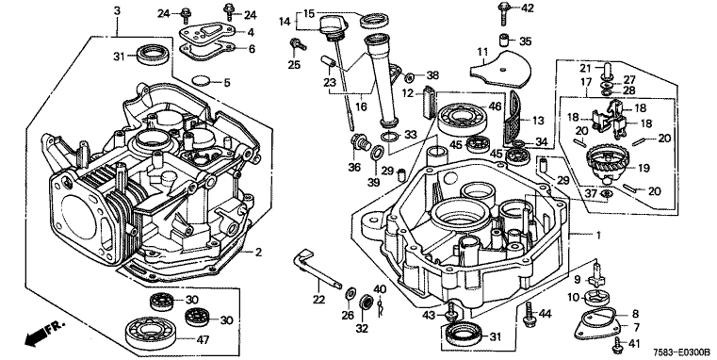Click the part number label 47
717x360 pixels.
click(203, 340)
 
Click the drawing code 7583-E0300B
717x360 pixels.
click(681, 352)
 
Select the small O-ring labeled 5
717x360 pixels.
click(202, 80)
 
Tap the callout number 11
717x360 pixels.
click(483, 52)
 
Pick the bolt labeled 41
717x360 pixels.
click(618, 345)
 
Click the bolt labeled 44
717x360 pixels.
click(530, 314)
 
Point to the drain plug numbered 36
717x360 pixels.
click(360, 141)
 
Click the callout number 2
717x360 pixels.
click(258, 252)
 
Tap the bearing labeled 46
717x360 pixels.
click(462, 118)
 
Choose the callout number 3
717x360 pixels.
click(117, 10)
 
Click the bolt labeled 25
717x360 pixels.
click(297, 45)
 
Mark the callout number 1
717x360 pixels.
click(597, 235)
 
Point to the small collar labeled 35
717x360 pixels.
click(504, 40)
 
